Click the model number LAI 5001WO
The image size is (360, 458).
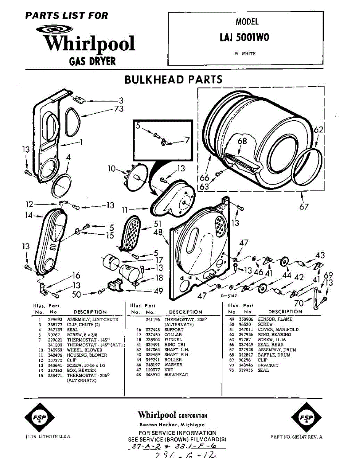coord(244,37)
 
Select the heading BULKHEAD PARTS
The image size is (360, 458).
coord(174,79)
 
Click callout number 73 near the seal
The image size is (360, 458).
coord(119,109)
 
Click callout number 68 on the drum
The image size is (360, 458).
coord(242,141)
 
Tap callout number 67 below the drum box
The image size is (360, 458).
coord(304,207)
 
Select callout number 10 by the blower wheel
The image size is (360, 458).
coord(111,168)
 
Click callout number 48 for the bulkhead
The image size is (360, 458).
coord(158,232)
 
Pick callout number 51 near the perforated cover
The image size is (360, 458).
coord(157,224)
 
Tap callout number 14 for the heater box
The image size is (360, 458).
coord(29,215)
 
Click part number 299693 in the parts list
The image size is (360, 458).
coord(53,319)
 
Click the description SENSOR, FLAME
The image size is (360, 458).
coord(275,319)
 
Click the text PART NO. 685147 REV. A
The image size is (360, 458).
coord(296,437)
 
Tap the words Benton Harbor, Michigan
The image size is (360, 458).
coord(173,425)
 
